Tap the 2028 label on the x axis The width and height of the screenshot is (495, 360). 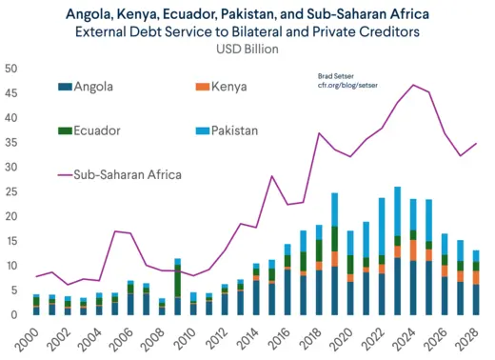(471, 337)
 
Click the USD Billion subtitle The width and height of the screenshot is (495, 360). (247, 49)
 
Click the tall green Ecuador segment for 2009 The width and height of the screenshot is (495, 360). (177, 280)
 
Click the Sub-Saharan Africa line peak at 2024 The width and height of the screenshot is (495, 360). (412, 85)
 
